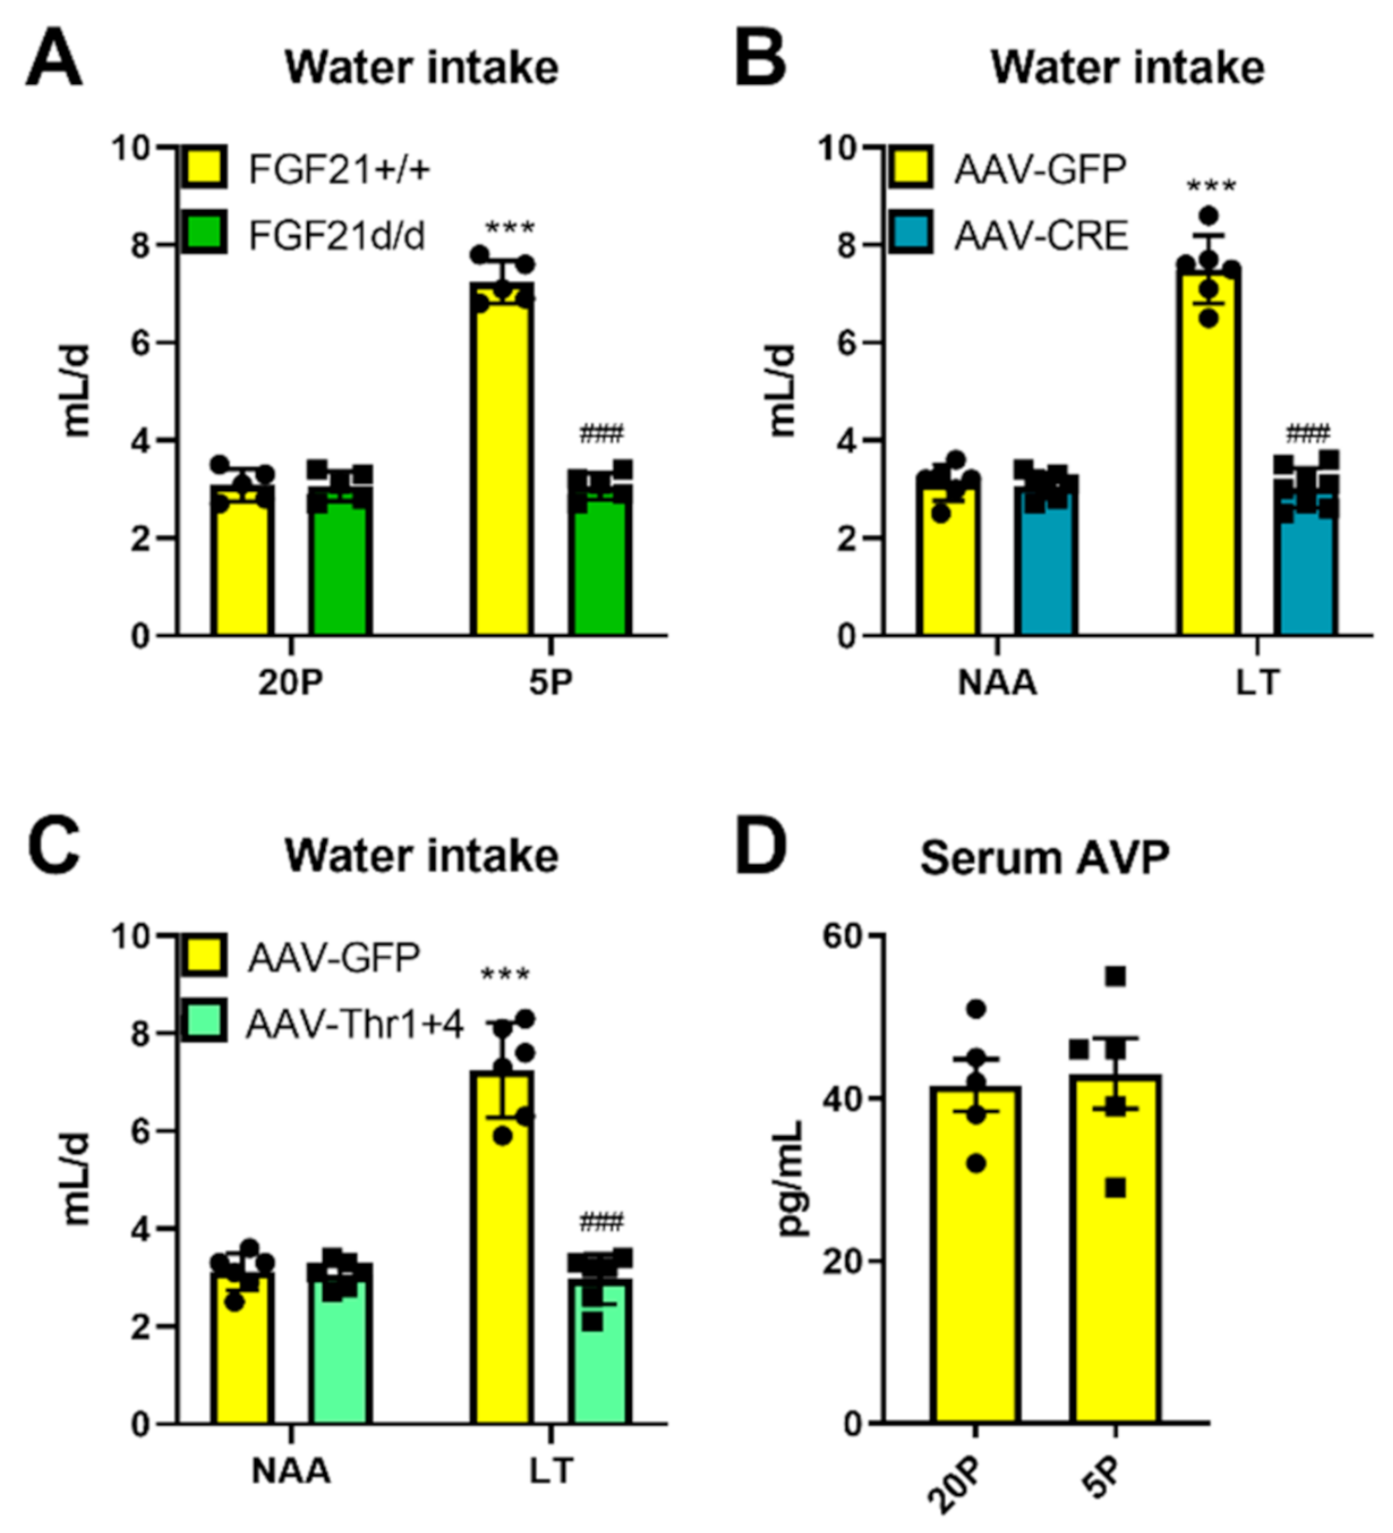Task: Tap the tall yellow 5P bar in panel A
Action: (503, 467)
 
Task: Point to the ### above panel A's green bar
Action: (601, 433)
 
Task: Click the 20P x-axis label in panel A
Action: (290, 683)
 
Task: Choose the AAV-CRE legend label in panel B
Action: (1041, 235)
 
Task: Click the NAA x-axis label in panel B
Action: (997, 683)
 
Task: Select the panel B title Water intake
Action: (1127, 67)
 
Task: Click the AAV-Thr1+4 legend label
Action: (355, 1025)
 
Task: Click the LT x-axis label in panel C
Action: (551, 1472)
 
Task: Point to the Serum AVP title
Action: (1044, 857)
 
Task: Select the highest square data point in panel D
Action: (1115, 977)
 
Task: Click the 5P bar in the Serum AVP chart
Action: (1115, 1260)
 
